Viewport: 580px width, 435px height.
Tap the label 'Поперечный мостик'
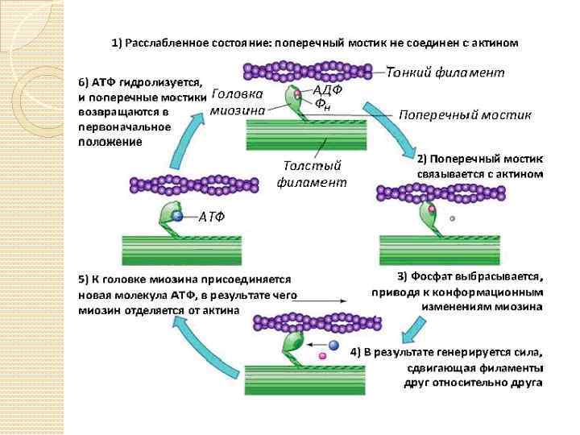click(x=465, y=114)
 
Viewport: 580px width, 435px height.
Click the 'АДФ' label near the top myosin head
click(x=327, y=89)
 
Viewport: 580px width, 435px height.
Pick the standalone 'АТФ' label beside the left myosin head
click(x=211, y=216)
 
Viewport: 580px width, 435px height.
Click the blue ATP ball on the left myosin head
click(x=179, y=216)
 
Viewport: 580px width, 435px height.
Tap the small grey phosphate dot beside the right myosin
click(x=453, y=217)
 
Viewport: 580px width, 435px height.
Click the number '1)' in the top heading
click(x=117, y=42)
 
